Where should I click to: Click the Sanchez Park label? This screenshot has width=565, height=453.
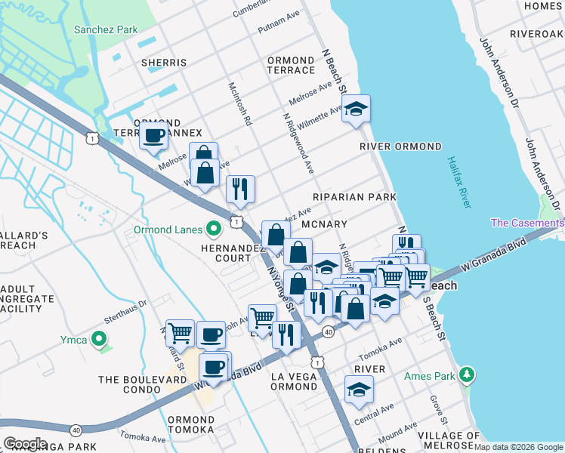[x=106, y=30]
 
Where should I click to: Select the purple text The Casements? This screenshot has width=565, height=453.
[x=526, y=223]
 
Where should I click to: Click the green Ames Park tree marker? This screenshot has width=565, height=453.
[x=468, y=374]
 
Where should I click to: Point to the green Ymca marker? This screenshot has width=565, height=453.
[x=97, y=340]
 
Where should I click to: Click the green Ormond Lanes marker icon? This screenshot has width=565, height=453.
[x=215, y=226]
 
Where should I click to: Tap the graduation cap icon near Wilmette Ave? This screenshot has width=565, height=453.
[x=355, y=109]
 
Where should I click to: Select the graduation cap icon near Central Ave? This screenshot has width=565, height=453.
[x=358, y=390]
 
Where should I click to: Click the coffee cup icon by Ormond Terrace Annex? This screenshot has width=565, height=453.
[x=153, y=137]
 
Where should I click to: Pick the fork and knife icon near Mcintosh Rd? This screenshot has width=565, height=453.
[x=240, y=189]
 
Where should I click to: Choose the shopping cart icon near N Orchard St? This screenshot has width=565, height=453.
[x=180, y=331]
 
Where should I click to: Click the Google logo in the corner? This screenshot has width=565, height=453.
[x=25, y=443]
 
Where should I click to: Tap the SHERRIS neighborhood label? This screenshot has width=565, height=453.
[x=164, y=63]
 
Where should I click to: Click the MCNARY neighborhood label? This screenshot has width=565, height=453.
[x=323, y=224]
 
